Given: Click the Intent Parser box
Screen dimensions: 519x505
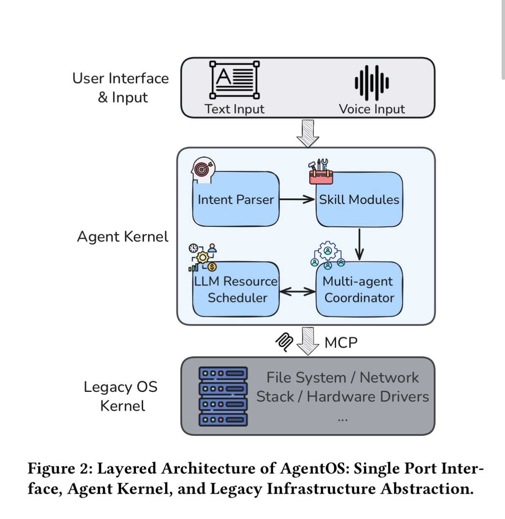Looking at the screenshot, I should point(236,199).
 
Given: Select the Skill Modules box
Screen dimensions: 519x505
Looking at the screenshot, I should point(359,199).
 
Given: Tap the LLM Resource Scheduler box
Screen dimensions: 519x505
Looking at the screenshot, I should point(236,289).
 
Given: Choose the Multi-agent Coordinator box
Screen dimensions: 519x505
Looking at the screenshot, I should point(359,289).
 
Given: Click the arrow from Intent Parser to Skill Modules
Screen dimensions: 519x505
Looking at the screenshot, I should point(297,199).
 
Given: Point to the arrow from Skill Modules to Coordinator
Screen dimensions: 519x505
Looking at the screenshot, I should point(359,244).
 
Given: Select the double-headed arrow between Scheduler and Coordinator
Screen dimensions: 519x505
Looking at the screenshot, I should point(297,291).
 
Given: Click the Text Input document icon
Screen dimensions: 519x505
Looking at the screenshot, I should point(235,80).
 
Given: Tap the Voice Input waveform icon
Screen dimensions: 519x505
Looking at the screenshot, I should point(372,83).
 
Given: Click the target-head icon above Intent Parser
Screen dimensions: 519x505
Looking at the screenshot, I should point(203,170).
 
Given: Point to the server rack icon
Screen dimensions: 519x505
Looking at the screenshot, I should point(223,396).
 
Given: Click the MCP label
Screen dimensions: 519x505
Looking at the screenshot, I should point(341,342).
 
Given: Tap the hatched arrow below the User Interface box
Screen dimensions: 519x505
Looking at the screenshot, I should point(308,133).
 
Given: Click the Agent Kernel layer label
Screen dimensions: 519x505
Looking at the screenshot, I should point(122,236).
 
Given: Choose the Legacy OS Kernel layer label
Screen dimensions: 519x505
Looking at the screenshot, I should point(121,396).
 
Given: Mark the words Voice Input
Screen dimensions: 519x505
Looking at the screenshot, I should point(372,109).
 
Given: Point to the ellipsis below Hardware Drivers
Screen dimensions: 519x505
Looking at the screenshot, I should point(342,419).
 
